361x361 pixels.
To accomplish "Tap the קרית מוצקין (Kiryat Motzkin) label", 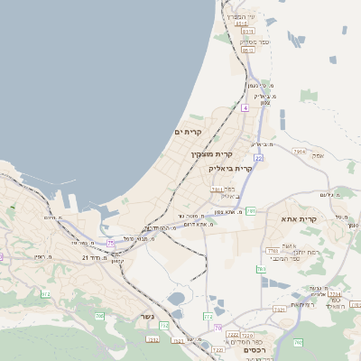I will coord(205,154).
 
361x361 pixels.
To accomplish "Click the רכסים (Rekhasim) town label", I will coord(255,350).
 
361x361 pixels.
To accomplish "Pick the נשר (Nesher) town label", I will coord(146,317).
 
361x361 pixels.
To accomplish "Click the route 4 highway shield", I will coord(244,108).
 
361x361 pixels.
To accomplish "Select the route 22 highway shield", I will coord(258,158).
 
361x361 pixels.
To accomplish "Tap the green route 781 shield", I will coord(250,210).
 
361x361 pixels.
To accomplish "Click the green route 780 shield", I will coord(261,269).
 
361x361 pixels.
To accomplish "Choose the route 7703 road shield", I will coord(273,251).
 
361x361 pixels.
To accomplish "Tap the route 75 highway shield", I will coord(111,243).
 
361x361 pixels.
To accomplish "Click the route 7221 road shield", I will coord(279,310).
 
